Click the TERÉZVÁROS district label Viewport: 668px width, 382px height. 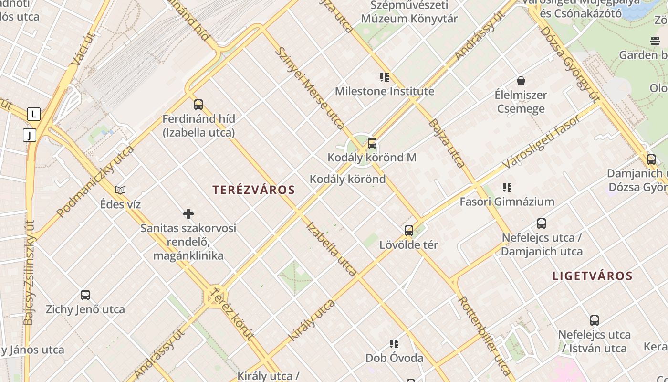coord(254,190)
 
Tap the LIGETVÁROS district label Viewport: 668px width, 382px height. coord(593,276)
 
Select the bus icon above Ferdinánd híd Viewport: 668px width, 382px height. coord(198,104)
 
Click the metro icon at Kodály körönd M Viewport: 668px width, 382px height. coord(372,143)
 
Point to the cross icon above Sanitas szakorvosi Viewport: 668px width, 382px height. coord(188,214)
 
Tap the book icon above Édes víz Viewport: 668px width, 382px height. coord(120,190)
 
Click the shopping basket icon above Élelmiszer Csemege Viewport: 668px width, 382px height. coord(521,81)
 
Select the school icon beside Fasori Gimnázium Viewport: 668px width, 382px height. coord(507,188)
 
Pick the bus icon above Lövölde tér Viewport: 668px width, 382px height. coord(409,231)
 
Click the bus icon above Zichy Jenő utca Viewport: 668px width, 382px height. coord(85,295)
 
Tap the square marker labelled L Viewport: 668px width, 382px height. coord(33,114)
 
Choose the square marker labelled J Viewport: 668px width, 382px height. coord(30,136)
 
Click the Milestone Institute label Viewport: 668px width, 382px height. coord(385,91)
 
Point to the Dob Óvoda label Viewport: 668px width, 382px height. coord(394,358)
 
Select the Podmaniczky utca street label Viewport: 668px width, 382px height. coord(95,181)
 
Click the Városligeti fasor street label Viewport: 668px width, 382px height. coord(542,141)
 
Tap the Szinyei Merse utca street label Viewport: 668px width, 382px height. coord(310,88)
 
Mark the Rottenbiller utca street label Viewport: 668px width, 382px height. coord(484,334)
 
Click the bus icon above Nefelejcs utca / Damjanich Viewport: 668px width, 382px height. coord(542,223)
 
